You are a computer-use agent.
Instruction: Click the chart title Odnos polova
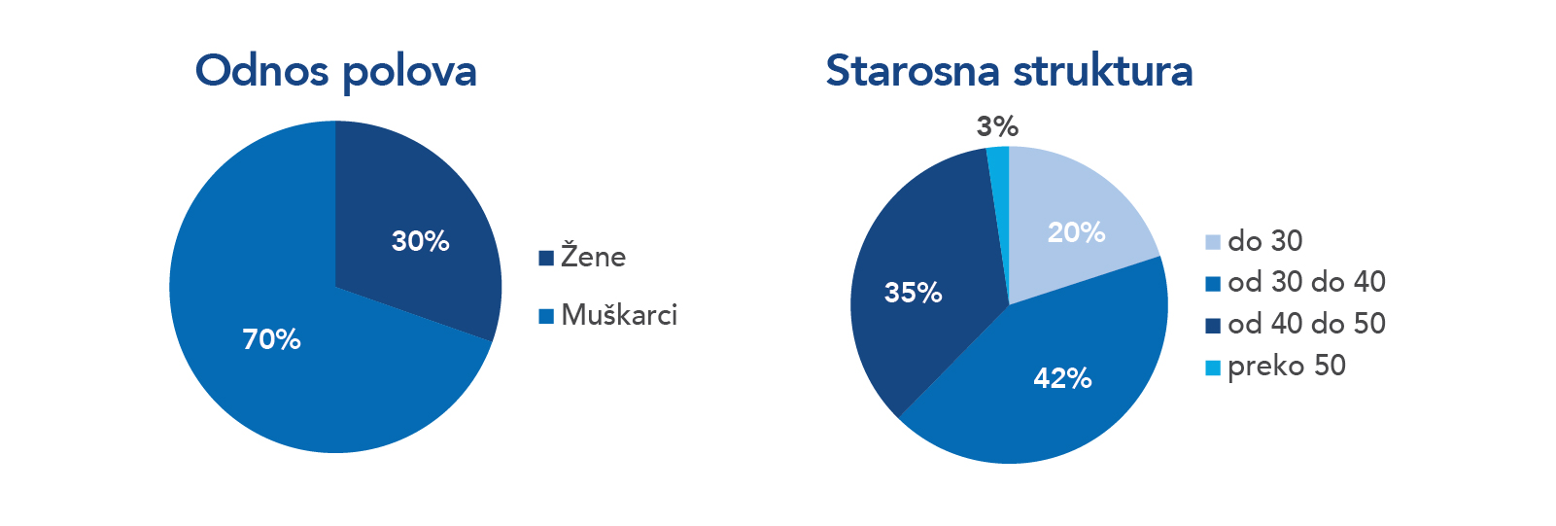pos(336,72)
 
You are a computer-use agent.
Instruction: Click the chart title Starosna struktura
pos(1010,71)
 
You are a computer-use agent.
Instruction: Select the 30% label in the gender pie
pos(420,241)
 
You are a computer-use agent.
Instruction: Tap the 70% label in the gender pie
pos(271,339)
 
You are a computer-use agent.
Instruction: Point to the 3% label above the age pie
pos(997,126)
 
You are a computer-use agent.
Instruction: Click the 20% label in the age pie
pos(1076,232)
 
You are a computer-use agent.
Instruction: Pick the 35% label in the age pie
pos(913,293)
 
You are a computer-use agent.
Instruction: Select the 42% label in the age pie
pos(1062,378)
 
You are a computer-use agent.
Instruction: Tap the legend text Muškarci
pos(619,315)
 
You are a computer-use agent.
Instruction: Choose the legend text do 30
pos(1265,241)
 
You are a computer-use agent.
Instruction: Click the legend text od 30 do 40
pos(1306,282)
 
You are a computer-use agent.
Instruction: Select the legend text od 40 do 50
pos(1306,324)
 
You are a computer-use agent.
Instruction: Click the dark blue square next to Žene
pos(546,258)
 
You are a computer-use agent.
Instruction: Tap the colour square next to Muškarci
pos(546,316)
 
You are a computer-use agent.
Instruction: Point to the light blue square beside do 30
pos(1213,242)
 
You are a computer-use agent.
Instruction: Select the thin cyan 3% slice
pos(999,181)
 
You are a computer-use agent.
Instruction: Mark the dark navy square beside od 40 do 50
pos(1213,326)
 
